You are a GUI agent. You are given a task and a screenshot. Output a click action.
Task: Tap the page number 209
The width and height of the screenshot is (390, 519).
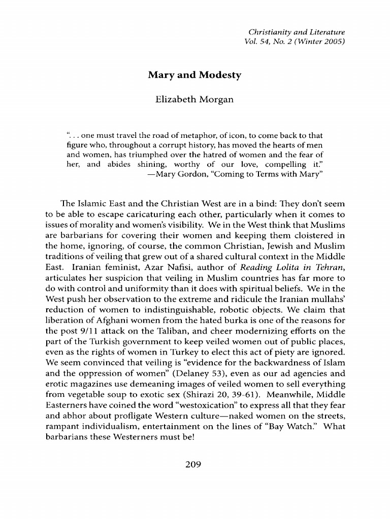point(194,463)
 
